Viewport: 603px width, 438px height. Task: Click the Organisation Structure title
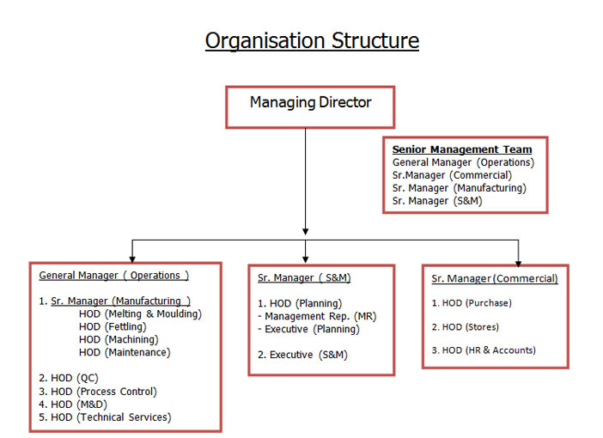312,41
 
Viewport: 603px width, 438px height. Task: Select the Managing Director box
310,106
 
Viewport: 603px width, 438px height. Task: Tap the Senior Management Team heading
462,149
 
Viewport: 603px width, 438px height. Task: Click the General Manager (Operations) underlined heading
114,276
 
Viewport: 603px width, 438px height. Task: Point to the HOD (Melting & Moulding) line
140,313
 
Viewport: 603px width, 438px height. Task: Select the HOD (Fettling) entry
113,326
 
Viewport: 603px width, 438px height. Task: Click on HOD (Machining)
119,339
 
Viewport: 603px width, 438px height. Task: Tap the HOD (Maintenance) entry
125,352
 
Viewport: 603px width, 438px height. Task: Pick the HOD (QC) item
69,378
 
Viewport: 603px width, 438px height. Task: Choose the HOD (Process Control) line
98,392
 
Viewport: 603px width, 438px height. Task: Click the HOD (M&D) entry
73,405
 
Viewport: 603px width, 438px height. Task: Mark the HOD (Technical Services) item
105,417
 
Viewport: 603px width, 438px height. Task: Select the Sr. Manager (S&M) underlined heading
304,277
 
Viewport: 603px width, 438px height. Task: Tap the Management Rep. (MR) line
317,316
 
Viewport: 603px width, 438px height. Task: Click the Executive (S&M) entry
302,355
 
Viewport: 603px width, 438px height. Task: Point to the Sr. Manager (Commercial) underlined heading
495,278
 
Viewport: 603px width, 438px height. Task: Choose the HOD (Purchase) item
472,303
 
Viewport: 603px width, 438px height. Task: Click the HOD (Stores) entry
465,327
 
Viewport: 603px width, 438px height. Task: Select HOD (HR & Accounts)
484,350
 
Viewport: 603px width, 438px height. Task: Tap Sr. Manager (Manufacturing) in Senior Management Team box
460,188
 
